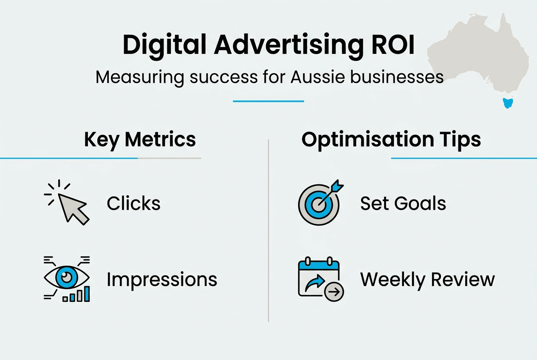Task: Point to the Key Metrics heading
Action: click(x=140, y=140)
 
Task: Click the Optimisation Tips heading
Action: click(x=391, y=140)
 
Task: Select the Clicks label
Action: click(x=133, y=204)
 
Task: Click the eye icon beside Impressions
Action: click(x=66, y=278)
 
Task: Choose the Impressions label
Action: click(x=162, y=280)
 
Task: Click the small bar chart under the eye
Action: click(x=77, y=295)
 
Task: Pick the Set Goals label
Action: click(x=403, y=204)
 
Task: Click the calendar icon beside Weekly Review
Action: click(x=319, y=278)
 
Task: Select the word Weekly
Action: click(x=392, y=280)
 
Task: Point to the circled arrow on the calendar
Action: click(x=334, y=292)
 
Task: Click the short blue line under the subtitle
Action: click(x=268, y=101)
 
